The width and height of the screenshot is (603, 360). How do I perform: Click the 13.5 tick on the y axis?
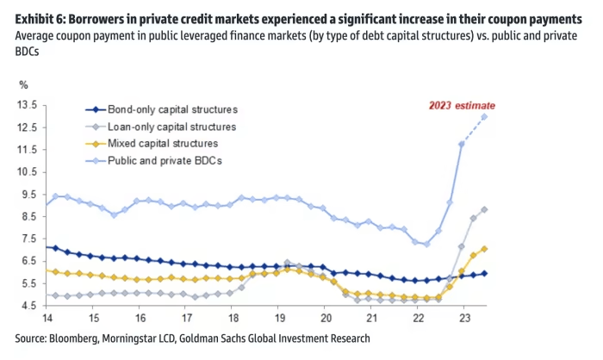point(25,105)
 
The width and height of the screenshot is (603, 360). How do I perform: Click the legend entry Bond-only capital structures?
point(172,110)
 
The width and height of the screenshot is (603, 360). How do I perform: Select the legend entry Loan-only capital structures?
point(172,127)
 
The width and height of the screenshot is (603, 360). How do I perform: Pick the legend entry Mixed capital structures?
point(163,143)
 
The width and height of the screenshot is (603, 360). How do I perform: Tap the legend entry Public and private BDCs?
point(165,159)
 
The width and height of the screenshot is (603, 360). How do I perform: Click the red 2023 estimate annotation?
point(463,105)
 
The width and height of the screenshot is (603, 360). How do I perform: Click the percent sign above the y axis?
point(24,85)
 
